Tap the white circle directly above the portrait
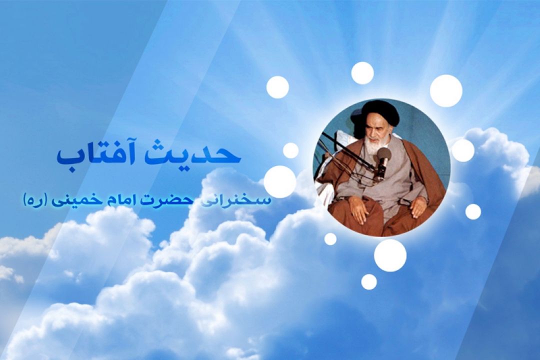[362, 73]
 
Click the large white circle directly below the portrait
[390, 255]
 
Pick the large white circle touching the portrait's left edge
[280, 181]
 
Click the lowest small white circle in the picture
[369, 281]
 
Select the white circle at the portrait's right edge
[462, 150]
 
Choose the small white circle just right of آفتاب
[291, 150]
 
